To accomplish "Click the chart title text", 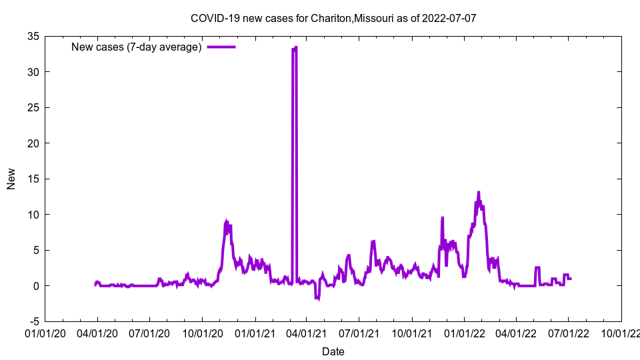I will pyautogui.click(x=333, y=18).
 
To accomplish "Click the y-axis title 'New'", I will pyautogui.click(x=11, y=179).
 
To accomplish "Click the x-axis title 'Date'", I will pyautogui.click(x=333, y=351).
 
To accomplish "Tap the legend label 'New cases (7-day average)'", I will pyautogui.click(x=136, y=47).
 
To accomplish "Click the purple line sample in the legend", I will pyautogui.click(x=221, y=47).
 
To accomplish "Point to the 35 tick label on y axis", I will pyautogui.click(x=33, y=36).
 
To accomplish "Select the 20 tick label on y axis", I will pyautogui.click(x=33, y=143).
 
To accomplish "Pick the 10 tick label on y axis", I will pyautogui.click(x=33, y=215).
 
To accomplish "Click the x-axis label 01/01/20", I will pyautogui.click(x=45, y=332).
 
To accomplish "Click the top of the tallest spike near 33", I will pyautogui.click(x=295, y=48).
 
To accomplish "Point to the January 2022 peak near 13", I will pyautogui.click(x=479, y=193).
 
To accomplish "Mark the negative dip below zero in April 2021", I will pyautogui.click(x=318, y=298).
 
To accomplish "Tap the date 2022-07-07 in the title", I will pyautogui.click(x=450, y=18).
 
